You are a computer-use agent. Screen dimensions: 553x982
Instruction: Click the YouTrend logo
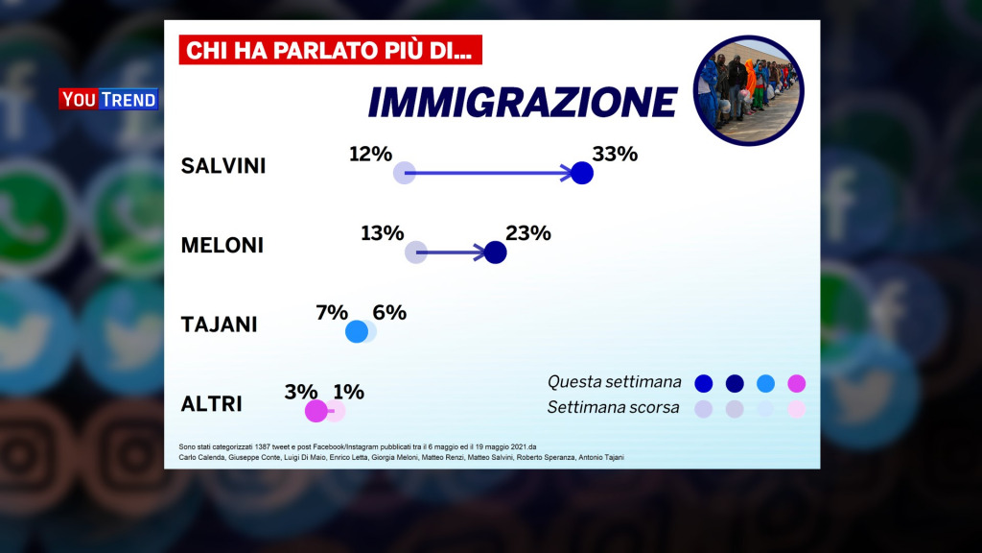pos(108,99)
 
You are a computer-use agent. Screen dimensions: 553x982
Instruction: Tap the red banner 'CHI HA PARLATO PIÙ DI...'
pos(330,50)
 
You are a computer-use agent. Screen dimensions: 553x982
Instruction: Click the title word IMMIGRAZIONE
pos(523,101)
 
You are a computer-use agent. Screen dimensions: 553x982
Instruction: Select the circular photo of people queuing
pos(748,90)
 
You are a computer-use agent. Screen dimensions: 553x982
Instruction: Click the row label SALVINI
pos(223,166)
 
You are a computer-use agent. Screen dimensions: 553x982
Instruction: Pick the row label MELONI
pos(222,246)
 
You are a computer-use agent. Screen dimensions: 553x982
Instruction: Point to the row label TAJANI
pos(219,325)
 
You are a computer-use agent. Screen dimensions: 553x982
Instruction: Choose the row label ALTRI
pos(211,404)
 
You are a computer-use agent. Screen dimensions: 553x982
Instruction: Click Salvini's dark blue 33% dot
pos(581,174)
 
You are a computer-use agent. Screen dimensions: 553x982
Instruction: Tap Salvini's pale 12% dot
pos(405,174)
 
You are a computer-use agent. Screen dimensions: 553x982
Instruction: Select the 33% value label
pos(615,153)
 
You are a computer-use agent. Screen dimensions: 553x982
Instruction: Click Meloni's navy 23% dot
pos(495,252)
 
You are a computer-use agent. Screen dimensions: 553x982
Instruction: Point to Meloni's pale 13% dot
pos(415,252)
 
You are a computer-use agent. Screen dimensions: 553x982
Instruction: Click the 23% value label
pos(527,232)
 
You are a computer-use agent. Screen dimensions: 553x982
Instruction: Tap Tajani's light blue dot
pos(357,332)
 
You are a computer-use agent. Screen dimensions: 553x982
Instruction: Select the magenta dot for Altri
pos(316,411)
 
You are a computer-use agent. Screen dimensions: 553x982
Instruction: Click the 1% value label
pos(348,391)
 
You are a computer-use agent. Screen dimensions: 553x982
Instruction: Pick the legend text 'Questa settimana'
pos(614,383)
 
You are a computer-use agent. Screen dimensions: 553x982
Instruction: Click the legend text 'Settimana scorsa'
pos(614,407)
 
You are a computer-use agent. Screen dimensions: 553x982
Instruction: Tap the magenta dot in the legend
pos(796,384)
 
